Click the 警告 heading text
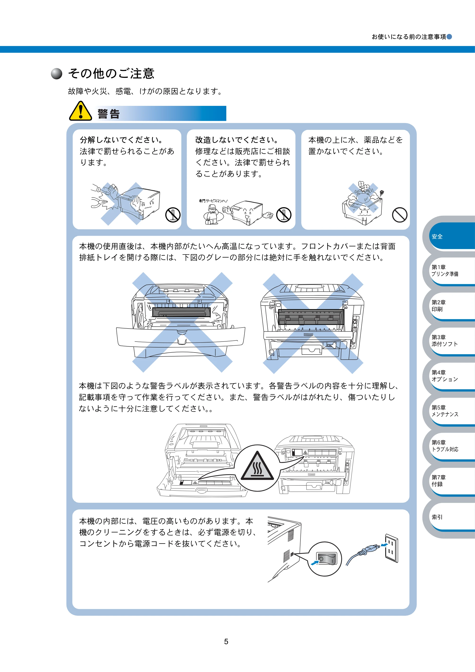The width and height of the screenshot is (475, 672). tap(109, 114)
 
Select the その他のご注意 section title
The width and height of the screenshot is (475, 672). tap(111, 73)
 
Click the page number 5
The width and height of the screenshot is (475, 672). tap(226, 642)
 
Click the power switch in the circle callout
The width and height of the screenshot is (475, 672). tap(327, 559)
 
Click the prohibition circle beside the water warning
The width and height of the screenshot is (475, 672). tap(400, 215)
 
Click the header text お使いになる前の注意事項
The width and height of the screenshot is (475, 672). tap(409, 37)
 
